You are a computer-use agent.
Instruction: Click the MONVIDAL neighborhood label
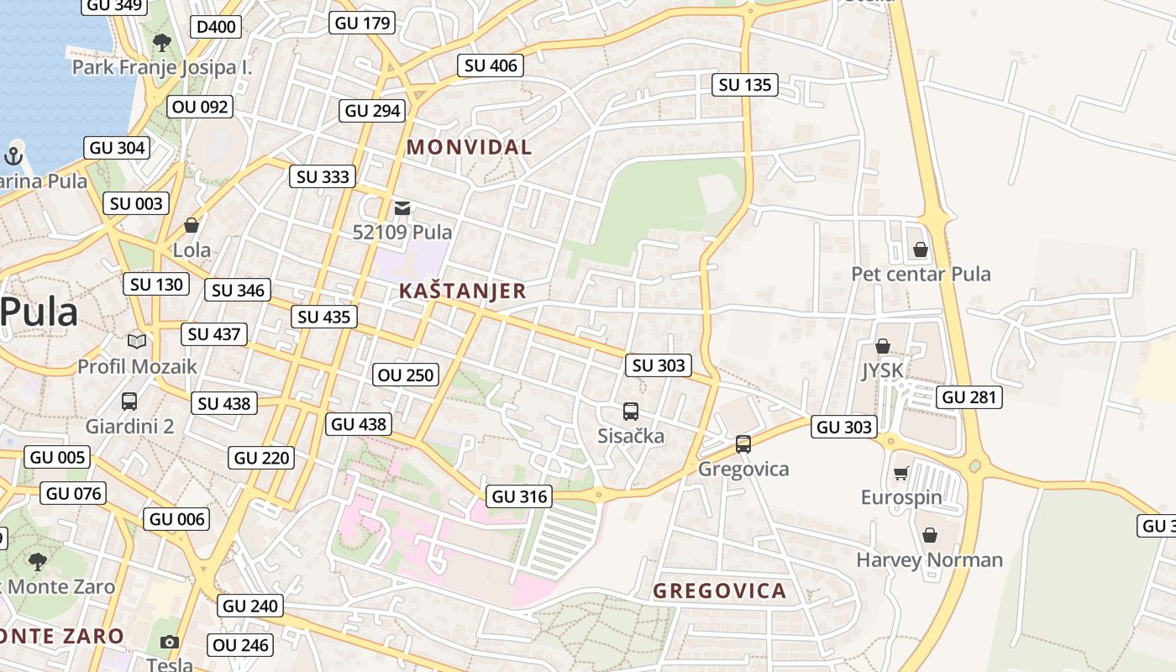tap(469, 147)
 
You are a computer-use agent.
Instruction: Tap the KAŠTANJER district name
tap(462, 291)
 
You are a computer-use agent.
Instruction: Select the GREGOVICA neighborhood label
tap(719, 591)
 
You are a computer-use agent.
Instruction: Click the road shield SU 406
tap(491, 66)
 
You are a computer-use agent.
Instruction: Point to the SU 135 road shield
tap(744, 85)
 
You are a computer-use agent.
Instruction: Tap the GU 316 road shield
tap(520, 496)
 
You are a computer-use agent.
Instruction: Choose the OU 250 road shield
tap(407, 375)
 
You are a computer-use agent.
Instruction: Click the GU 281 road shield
tap(969, 397)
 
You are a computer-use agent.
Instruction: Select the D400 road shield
tap(216, 27)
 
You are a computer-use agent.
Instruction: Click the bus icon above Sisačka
tap(631, 412)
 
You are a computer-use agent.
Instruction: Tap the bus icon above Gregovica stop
tap(743, 444)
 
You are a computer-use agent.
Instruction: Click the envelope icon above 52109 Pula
tap(402, 207)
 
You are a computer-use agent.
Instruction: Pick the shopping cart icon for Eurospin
tap(900, 473)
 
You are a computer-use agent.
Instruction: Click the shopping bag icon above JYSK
tap(882, 346)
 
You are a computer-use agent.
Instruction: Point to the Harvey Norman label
tap(929, 559)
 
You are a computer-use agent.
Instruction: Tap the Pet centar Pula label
tap(921, 274)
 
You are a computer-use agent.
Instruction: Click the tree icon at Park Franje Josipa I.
tap(161, 42)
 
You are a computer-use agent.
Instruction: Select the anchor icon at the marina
tap(13, 155)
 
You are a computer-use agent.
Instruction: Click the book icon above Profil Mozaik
tap(136, 341)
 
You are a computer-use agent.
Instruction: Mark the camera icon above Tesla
tap(170, 642)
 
